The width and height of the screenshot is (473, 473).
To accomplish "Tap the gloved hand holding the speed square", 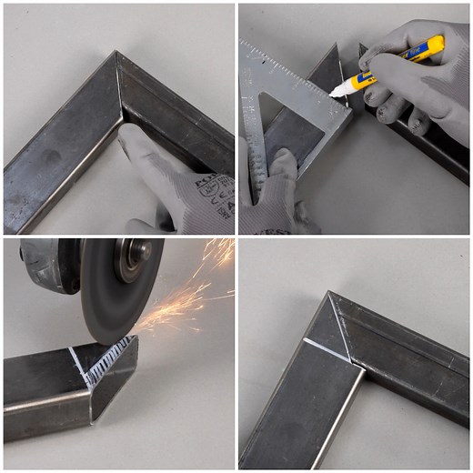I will point(273,196).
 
